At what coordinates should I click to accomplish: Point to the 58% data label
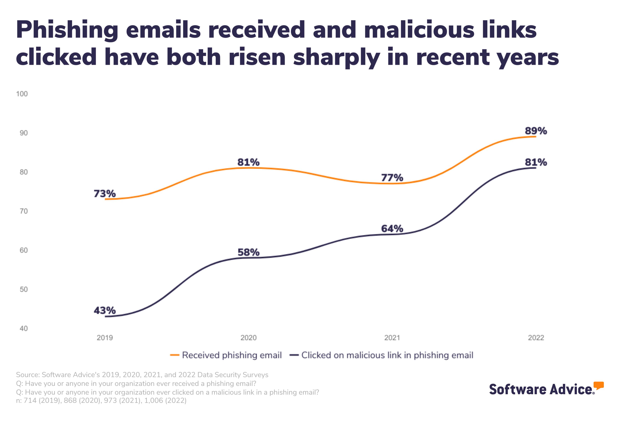click(x=248, y=252)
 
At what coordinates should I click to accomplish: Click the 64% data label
click(x=392, y=229)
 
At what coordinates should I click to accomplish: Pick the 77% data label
click(x=392, y=178)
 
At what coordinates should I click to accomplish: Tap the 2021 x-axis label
click(x=392, y=338)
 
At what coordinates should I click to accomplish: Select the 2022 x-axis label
click(x=536, y=338)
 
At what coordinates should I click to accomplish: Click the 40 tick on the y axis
click(x=24, y=329)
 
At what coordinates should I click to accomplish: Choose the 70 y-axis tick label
click(x=24, y=211)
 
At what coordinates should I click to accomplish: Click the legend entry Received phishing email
click(x=231, y=355)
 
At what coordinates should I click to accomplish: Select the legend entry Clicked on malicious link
click(x=387, y=355)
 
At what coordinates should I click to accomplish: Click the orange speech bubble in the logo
click(x=599, y=385)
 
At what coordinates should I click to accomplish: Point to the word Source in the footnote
click(x=27, y=375)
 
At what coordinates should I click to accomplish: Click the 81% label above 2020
click(x=248, y=162)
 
